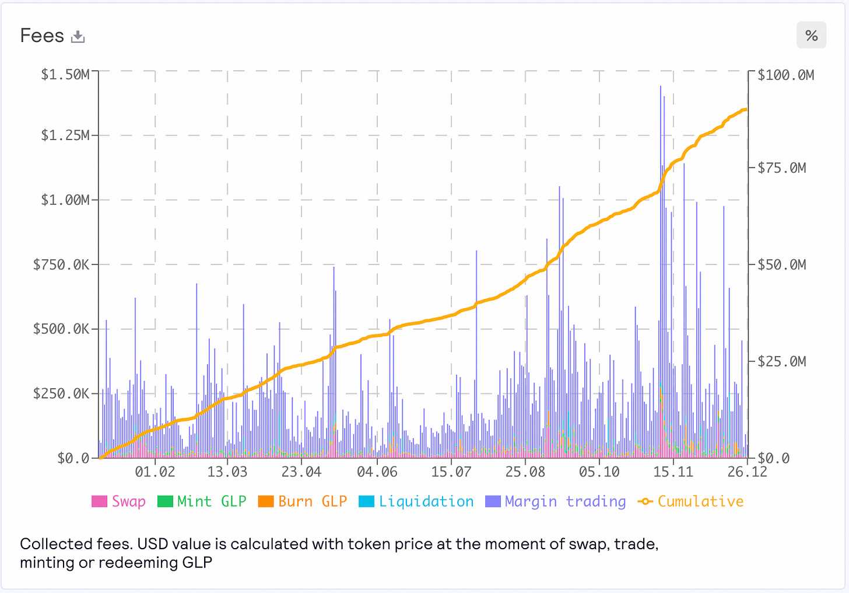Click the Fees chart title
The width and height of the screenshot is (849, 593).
[42, 36]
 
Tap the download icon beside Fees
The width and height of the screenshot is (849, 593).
[78, 37]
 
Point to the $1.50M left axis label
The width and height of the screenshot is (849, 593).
[65, 75]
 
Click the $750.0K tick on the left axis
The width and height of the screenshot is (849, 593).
[61, 265]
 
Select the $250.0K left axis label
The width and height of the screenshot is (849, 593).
[61, 394]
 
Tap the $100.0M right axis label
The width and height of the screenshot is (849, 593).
[785, 75]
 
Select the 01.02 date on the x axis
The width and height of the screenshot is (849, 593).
[155, 472]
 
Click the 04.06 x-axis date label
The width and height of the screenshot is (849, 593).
[377, 472]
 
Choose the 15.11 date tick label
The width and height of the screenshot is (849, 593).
[673, 472]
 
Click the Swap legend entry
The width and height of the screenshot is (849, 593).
[119, 501]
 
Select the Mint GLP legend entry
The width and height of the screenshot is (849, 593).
[202, 501]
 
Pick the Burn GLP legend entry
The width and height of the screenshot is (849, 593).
[303, 501]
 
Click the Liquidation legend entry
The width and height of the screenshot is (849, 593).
[416, 501]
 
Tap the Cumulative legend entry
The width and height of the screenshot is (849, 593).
[691, 501]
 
